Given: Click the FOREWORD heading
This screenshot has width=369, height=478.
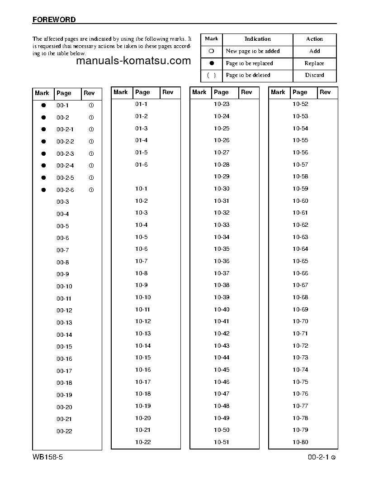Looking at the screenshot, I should [54, 20].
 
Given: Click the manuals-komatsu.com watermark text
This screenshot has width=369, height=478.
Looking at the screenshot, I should [134, 61].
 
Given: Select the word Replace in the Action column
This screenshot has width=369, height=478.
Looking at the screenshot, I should [314, 63].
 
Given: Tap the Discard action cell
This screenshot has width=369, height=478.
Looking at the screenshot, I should [314, 75].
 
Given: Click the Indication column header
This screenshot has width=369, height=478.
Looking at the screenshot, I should [257, 39].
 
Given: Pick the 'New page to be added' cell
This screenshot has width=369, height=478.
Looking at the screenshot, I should [252, 52].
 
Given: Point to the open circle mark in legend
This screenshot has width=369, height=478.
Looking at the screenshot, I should [211, 52].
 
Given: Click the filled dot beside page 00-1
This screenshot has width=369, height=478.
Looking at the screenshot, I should [44, 105].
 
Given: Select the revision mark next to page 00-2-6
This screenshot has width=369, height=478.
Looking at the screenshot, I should [91, 190].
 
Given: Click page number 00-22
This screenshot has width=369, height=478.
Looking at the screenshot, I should [64, 431].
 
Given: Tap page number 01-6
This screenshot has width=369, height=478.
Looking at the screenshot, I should [141, 165].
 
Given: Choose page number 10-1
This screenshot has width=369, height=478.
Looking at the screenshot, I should [141, 189].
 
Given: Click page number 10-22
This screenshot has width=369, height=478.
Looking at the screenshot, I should [143, 442].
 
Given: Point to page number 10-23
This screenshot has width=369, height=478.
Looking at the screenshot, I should [222, 104].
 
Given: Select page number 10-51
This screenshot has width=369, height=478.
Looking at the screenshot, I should [222, 442].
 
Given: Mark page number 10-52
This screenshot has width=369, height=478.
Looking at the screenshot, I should [300, 104].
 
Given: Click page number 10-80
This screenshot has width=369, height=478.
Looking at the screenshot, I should [300, 442].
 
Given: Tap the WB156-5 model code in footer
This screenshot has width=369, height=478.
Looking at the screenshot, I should [47, 457].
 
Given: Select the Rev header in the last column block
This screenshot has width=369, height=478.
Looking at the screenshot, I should [325, 92].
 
